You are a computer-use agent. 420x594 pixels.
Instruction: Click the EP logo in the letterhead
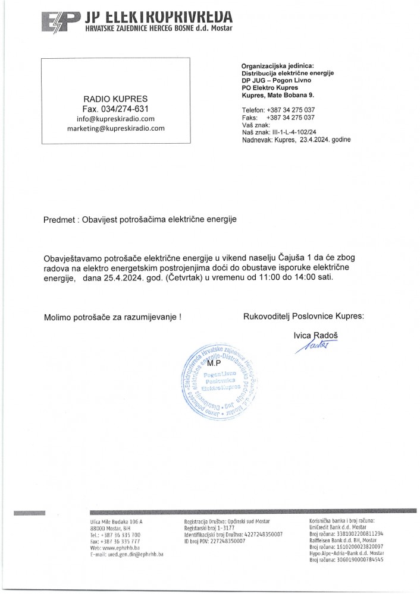58,20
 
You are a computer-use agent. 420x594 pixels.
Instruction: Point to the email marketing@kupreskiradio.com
115,128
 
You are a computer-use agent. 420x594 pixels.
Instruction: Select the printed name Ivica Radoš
318,336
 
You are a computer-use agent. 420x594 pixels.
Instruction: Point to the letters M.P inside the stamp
215,362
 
